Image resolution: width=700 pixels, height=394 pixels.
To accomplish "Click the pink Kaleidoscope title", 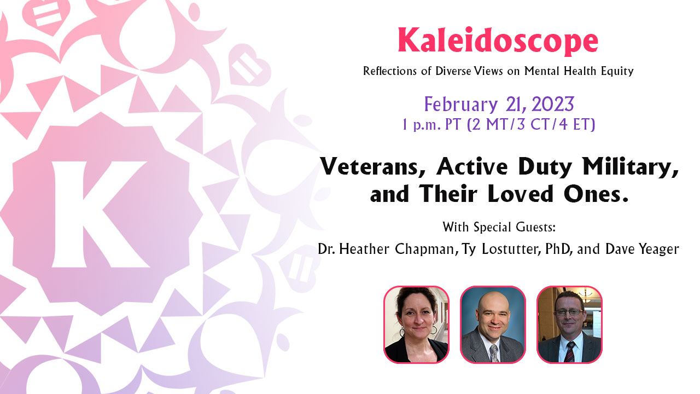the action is pos(498,41).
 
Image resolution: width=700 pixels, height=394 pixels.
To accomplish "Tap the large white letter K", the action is pos(101,214).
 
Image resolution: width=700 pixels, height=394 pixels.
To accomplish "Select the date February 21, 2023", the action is pos(499,105).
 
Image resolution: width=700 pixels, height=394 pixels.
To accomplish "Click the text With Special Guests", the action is pos(499,227).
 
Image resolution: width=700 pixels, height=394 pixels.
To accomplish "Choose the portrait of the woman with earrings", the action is pos(416,325).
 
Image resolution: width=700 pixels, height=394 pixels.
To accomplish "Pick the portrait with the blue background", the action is pos(493,325).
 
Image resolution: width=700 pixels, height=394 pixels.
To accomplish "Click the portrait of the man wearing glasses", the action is pos(569,325).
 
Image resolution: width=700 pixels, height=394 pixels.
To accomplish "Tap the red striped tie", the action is pos(570,352).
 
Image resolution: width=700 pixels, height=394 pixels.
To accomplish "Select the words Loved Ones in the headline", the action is pos(557,194).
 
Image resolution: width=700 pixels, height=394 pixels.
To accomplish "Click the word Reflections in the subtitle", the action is pos(390,71).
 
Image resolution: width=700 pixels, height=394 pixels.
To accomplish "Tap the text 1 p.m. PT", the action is pos(431,125).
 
